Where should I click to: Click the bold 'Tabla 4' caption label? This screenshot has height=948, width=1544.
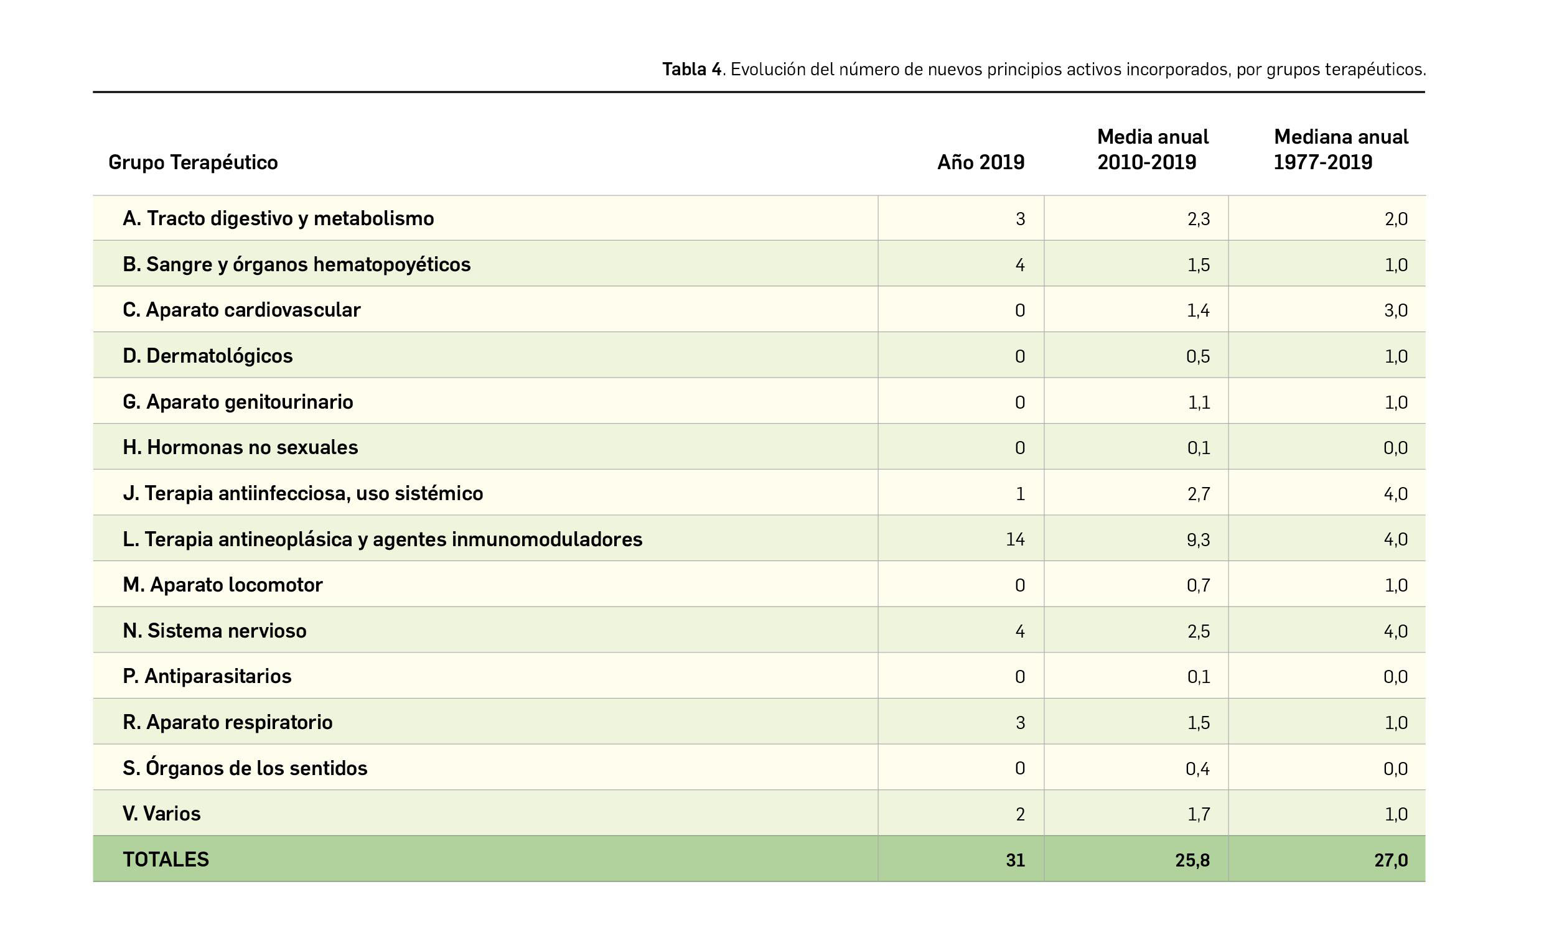692,69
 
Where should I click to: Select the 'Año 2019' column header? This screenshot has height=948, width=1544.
980,162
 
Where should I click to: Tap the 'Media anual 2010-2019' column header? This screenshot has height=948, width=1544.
1153,149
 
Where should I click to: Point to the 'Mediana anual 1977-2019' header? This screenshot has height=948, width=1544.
1340,149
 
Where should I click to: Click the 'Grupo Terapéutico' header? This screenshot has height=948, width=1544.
193,162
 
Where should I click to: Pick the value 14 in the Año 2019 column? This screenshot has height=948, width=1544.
1014,539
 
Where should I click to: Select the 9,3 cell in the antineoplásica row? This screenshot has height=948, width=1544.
1198,539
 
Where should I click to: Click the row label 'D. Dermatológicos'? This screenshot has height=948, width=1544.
208,356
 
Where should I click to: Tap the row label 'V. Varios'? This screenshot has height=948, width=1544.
162,814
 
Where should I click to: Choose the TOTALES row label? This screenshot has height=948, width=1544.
166,860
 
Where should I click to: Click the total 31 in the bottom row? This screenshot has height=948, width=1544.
1014,860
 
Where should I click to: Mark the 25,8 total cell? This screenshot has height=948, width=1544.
1192,860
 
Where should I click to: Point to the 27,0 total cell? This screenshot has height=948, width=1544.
1390,860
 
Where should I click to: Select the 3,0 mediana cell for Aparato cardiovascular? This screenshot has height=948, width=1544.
1395,310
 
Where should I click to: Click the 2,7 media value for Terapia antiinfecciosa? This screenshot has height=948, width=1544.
1198,494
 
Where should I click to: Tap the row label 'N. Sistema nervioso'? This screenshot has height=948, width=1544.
215,631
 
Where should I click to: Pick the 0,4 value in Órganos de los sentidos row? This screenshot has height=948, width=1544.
1197,769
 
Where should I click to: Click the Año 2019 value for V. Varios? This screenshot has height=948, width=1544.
1020,814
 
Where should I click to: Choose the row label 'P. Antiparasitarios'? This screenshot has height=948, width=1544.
207,677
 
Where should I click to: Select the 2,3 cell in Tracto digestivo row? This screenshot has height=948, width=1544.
1198,219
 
